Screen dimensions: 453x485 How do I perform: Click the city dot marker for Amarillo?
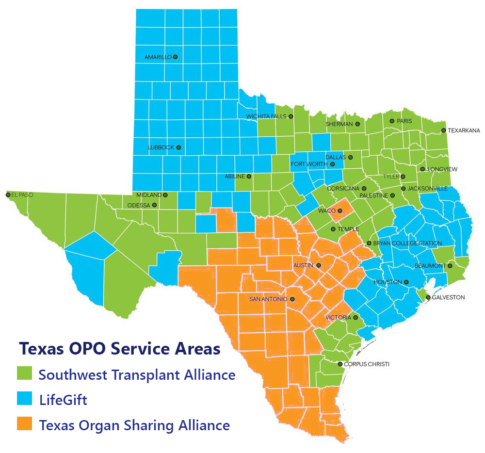click(175, 57)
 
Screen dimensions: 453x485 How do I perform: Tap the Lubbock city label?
click(161, 147)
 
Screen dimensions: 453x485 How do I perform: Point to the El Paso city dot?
click(8, 195)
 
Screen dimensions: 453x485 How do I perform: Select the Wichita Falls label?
click(266, 116)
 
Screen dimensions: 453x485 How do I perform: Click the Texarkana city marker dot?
click(443, 130)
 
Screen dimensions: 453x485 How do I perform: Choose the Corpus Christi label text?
click(367, 364)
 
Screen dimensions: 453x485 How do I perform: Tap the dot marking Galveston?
click(428, 297)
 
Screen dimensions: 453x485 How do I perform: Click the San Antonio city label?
click(268, 299)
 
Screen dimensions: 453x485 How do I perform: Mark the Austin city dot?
click(319, 265)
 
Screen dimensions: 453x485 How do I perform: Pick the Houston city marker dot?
click(406, 282)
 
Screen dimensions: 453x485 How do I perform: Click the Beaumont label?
click(430, 266)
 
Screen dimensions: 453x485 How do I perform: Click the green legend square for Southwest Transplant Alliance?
click(24, 374)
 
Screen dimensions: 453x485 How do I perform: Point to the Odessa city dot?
click(154, 205)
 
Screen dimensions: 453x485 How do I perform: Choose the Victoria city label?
click(338, 318)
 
